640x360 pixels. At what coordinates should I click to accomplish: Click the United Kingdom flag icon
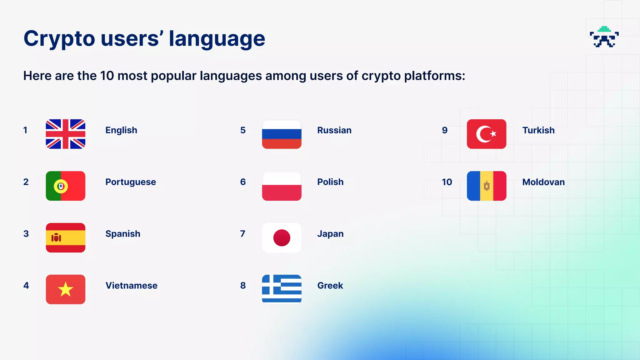click(x=65, y=134)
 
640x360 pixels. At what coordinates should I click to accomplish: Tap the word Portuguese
click(x=130, y=182)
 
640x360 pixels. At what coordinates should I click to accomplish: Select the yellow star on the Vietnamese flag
click(x=65, y=289)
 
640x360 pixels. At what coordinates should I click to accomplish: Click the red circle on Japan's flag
click(x=282, y=238)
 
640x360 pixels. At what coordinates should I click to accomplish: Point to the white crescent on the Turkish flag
click(x=483, y=134)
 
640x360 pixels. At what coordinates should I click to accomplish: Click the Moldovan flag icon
click(x=486, y=186)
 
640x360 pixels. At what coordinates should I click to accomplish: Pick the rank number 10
click(x=447, y=182)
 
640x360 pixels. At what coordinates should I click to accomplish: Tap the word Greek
click(x=330, y=286)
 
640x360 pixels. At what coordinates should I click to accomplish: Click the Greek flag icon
click(x=282, y=289)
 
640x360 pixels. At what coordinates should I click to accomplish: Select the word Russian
click(x=334, y=130)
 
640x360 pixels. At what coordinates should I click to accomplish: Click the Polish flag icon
click(x=282, y=186)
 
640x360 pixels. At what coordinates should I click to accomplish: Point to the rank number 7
click(x=242, y=234)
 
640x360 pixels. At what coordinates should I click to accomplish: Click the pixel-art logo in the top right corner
click(x=604, y=37)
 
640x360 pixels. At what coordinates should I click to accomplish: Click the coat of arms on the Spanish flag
click(x=56, y=238)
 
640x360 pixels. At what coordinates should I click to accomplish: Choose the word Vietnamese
click(x=131, y=286)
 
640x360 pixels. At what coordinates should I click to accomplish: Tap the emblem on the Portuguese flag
click(x=61, y=186)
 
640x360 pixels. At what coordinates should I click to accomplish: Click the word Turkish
click(x=538, y=130)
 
